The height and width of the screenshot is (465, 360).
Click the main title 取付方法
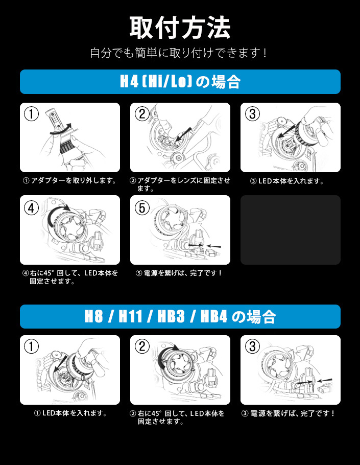click(180, 28)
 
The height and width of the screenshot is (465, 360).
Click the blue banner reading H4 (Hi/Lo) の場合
click(180, 82)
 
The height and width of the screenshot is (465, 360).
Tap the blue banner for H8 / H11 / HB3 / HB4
click(180, 316)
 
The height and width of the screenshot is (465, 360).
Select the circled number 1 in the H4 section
click(31, 114)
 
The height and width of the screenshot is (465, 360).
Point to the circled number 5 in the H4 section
click(142, 208)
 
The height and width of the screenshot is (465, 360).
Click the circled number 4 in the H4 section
click(31, 208)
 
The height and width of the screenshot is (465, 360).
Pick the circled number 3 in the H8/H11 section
click(252, 346)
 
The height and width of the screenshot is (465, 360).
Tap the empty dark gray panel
click(291, 230)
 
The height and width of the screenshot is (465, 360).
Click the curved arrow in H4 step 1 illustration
click(61, 130)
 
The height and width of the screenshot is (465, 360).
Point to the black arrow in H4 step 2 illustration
click(183, 134)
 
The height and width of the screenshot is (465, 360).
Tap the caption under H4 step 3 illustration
click(287, 181)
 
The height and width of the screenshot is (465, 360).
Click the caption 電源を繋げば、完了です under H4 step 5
click(179, 273)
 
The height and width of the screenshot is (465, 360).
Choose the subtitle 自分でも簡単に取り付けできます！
click(179, 53)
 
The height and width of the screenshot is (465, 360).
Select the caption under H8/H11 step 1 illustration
click(70, 413)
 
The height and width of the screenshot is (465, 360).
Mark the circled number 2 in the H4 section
click(142, 114)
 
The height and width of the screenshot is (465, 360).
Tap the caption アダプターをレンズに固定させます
click(180, 184)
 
